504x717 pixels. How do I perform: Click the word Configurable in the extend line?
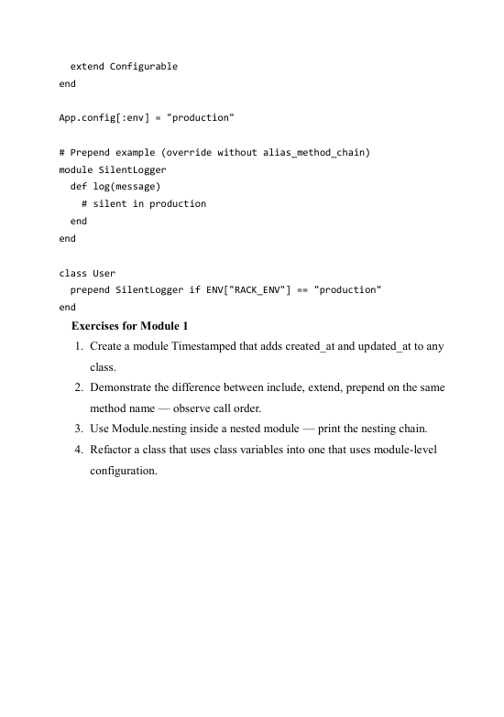tap(144, 67)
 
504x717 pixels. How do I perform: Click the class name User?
tap(104, 273)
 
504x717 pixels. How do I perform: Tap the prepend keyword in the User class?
tap(91, 289)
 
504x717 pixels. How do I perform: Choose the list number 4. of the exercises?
tap(80, 450)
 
